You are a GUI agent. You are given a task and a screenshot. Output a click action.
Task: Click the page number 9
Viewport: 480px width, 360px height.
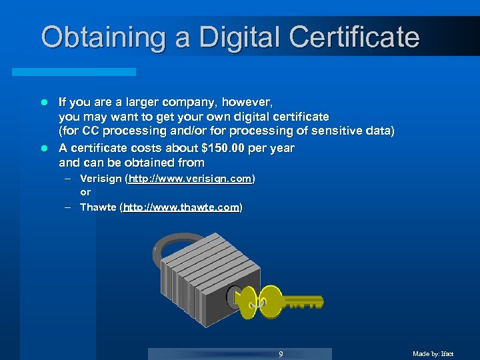281,354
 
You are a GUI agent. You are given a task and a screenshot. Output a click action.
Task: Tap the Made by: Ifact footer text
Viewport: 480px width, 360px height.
433,354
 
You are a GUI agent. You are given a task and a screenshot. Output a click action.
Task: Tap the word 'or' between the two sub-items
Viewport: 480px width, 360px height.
85,193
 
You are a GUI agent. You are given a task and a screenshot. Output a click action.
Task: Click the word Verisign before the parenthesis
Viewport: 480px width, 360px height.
101,179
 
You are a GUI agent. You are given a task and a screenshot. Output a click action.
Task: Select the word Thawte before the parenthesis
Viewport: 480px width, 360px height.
97,207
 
